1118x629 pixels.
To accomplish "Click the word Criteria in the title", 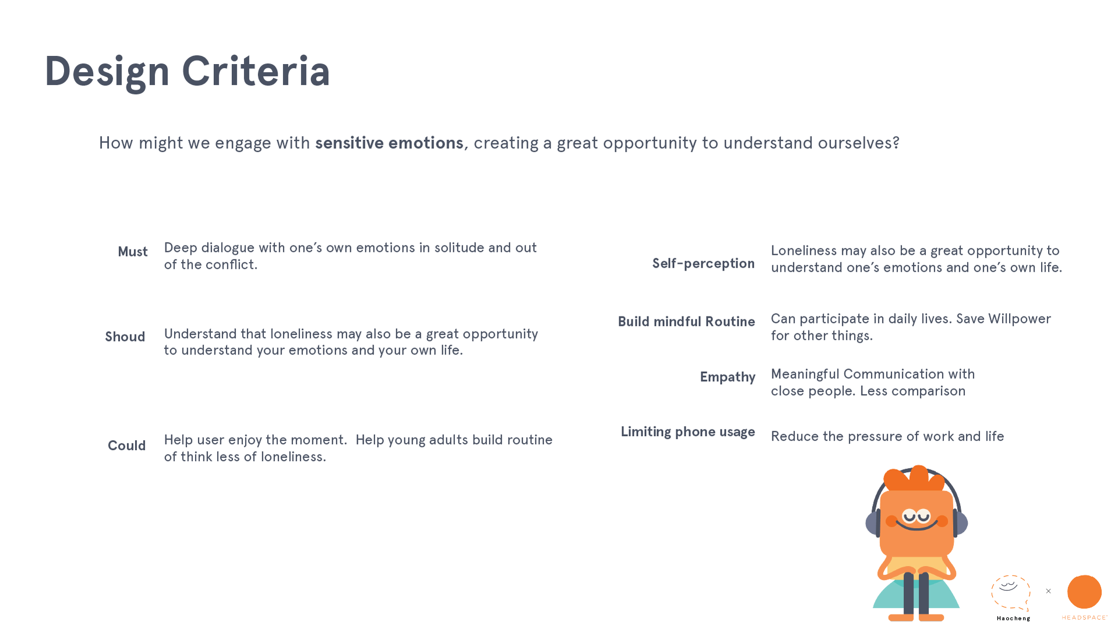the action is click(256, 71).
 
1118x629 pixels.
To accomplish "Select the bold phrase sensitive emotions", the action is click(389, 143).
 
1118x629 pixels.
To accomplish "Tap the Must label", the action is click(133, 252).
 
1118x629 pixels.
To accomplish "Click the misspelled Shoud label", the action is click(125, 337).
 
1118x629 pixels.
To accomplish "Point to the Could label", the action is click(126, 446).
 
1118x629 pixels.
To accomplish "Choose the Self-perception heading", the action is click(703, 263).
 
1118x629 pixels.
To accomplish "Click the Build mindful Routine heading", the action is click(686, 322).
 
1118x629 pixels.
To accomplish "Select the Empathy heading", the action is click(727, 377).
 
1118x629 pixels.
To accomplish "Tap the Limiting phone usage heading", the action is click(687, 432).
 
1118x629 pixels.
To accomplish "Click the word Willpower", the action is click(1020, 319).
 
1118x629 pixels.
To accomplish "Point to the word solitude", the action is click(459, 248).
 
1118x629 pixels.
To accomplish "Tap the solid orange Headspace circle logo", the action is click(1084, 592).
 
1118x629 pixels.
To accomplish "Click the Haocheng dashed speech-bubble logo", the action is click(1011, 593).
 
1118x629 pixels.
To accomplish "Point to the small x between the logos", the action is click(1048, 591).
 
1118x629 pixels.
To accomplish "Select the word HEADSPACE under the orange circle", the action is click(1084, 617).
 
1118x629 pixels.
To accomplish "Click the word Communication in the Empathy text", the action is click(894, 374).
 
